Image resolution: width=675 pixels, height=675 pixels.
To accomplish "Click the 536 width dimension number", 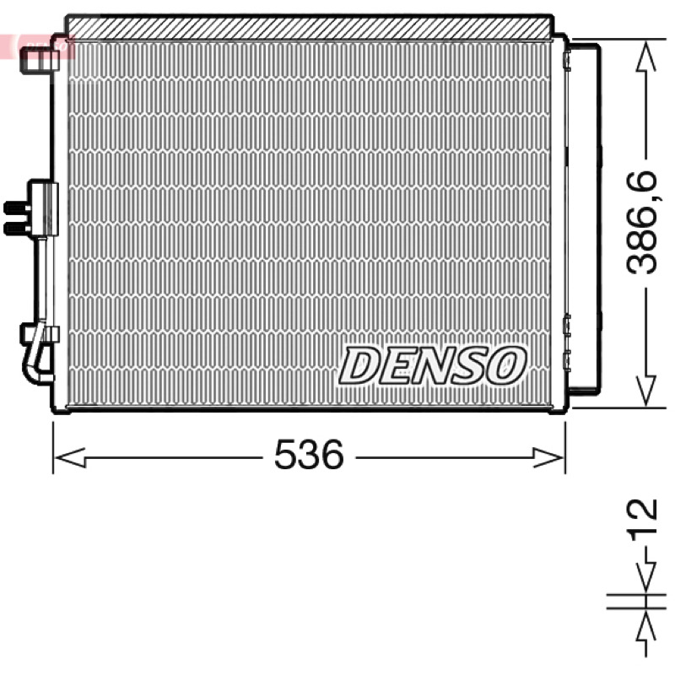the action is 309,454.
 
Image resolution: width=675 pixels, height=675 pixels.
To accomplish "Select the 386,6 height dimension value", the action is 642,223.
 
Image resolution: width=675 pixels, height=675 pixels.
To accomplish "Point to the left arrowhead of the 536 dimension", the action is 70,457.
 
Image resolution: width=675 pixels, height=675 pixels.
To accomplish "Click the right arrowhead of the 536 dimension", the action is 548,457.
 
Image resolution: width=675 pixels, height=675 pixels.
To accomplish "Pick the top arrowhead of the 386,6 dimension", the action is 645,56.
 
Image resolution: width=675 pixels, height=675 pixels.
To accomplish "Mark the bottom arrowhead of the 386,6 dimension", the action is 645,391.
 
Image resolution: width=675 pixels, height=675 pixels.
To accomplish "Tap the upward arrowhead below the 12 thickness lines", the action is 645,627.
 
